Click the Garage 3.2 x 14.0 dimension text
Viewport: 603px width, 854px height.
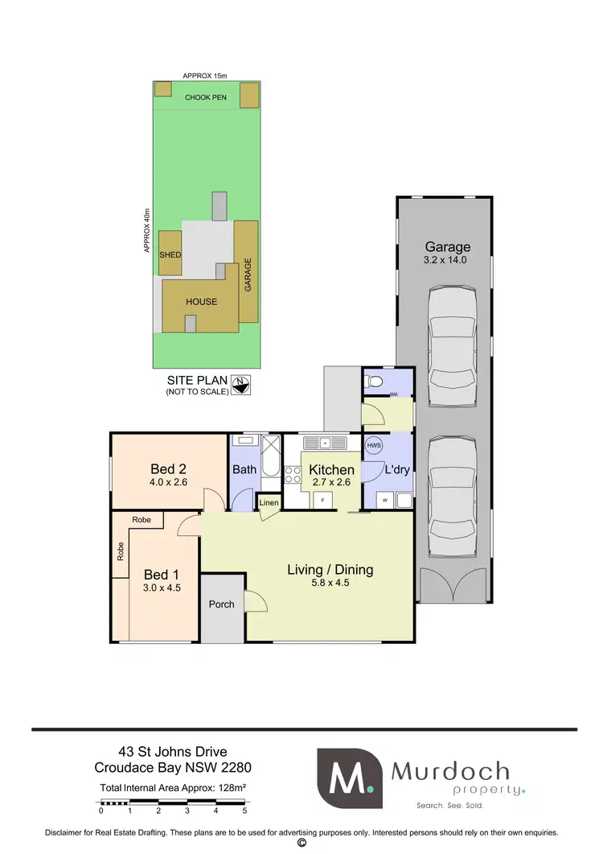click(x=445, y=261)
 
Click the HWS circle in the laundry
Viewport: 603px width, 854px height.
click(x=374, y=445)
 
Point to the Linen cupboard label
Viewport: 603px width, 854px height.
click(x=269, y=503)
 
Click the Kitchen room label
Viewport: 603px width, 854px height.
click(x=330, y=470)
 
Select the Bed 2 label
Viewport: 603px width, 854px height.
click(x=168, y=468)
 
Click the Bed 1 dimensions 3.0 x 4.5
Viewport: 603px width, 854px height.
click(x=162, y=588)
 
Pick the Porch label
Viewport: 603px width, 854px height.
click(x=221, y=604)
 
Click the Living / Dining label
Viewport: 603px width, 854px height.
click(x=330, y=570)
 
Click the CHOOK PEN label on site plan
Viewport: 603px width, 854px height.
click(x=206, y=98)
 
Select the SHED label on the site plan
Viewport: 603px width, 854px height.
click(x=170, y=255)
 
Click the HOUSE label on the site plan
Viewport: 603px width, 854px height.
click(x=201, y=302)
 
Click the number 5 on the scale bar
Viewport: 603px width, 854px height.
click(x=244, y=812)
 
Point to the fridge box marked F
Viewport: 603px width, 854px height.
click(x=323, y=500)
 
